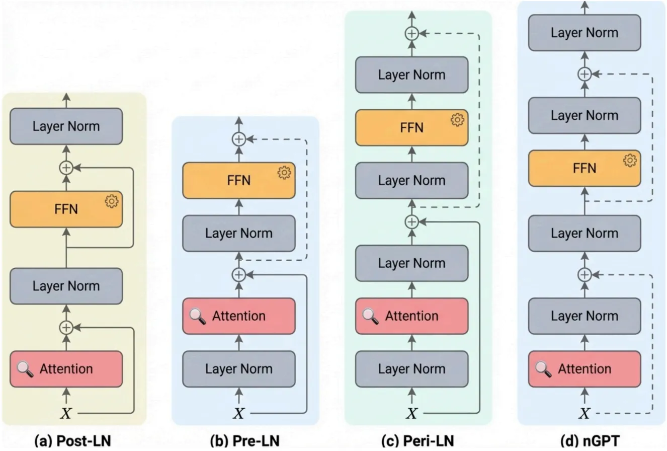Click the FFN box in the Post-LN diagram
(66, 209)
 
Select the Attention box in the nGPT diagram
(584, 369)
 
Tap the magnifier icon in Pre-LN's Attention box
(198, 316)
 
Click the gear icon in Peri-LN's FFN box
(457, 120)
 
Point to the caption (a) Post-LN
(72, 441)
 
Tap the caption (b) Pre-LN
(244, 441)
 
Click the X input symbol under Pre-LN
(239, 414)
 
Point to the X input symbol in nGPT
(584, 414)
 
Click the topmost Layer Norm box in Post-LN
(66, 126)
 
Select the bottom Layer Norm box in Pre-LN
(239, 369)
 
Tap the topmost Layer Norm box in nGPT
(584, 33)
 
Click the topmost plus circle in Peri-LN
(411, 34)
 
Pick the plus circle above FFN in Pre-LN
(239, 138)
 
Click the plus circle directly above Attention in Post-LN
(66, 328)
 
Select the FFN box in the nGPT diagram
(584, 168)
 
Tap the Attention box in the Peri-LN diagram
(411, 316)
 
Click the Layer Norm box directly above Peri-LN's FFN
(411, 75)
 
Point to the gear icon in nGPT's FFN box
(629, 161)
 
